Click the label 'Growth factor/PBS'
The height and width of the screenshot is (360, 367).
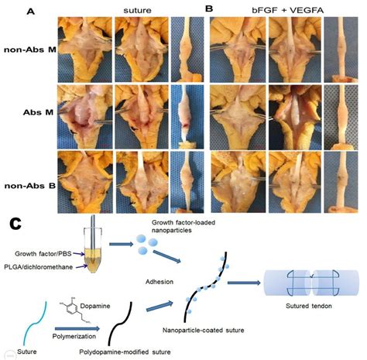(x=48, y=252)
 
